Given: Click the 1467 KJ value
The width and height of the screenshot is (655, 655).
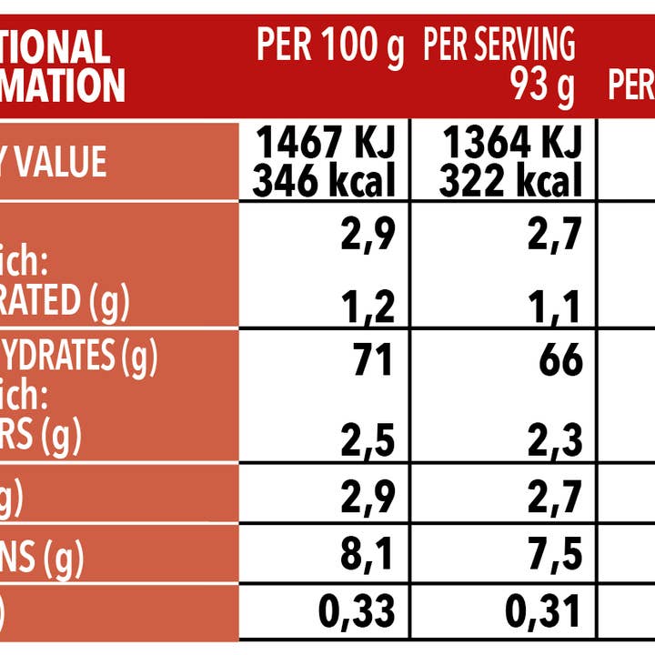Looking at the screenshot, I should point(325,143).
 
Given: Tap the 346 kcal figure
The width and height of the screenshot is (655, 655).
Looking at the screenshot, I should point(325,181).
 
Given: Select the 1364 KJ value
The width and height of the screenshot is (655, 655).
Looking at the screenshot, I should point(510,143).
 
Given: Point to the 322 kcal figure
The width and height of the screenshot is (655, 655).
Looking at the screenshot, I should point(510,181).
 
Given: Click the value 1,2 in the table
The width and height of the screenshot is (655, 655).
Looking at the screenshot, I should point(370,308).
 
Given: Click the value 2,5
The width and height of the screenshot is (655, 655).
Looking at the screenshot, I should point(368,441).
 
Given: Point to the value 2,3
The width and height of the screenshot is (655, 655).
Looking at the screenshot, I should point(555,441).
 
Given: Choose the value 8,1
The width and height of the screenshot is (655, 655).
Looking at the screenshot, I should point(368,555).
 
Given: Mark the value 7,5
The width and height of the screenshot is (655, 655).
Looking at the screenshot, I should point(555,555).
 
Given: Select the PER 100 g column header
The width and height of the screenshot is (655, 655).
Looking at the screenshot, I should point(329,45).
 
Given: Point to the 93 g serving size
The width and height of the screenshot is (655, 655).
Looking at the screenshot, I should point(543,86).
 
